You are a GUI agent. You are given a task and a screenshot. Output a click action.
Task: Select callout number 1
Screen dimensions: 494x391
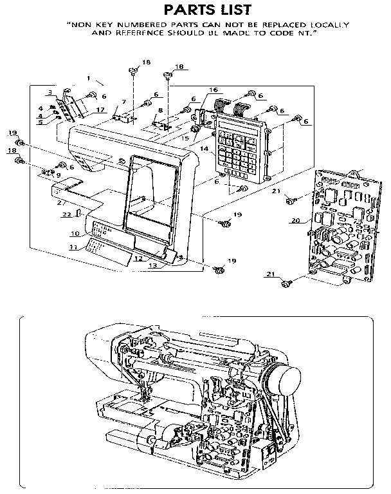(x=88, y=78)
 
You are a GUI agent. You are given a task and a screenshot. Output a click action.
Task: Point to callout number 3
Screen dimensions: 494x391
(x=50, y=93)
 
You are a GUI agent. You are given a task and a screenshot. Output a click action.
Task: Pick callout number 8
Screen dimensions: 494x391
(x=160, y=110)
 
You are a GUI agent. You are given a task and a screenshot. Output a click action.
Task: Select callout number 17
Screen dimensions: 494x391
(x=100, y=110)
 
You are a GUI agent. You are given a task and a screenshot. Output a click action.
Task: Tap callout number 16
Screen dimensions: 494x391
(x=213, y=90)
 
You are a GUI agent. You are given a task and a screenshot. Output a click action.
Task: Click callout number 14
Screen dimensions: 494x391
(x=205, y=149)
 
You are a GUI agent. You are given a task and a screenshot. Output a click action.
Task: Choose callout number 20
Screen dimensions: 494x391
(x=296, y=220)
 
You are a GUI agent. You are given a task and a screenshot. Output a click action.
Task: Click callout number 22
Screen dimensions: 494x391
(x=66, y=214)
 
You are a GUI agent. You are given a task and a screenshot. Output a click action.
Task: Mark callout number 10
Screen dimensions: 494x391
(x=75, y=233)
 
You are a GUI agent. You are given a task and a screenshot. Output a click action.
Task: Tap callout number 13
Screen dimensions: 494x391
(x=153, y=265)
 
